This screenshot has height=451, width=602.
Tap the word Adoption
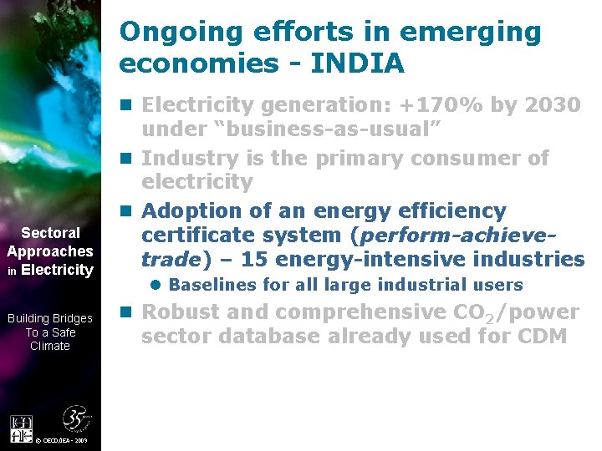191,210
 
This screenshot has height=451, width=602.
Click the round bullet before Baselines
156,285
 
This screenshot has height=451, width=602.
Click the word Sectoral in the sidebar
50,233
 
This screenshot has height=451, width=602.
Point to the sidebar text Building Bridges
50,318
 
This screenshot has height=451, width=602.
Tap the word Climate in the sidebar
50,346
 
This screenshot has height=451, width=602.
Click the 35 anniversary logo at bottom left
76,420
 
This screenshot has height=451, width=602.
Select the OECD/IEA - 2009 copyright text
62,440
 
